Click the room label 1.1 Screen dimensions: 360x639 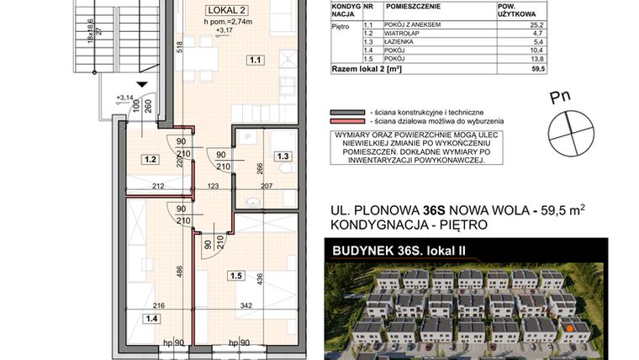click(255, 60)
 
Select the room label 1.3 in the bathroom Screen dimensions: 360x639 click(283, 156)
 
